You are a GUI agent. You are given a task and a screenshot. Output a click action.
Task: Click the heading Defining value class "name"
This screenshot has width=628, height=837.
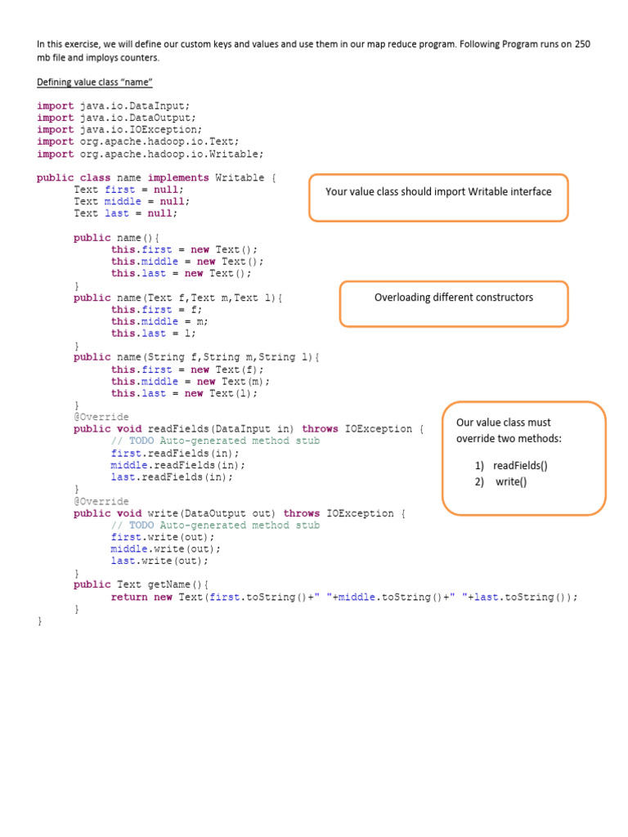[x=96, y=83]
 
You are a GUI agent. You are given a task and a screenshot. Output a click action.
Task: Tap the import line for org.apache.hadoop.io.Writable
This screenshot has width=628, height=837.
[x=150, y=154]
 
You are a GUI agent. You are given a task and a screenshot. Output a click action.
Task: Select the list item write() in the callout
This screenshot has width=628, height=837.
[x=511, y=481]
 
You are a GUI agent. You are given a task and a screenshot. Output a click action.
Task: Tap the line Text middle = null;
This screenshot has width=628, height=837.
[x=129, y=201]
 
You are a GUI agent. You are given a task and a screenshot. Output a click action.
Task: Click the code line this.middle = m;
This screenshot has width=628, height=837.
[x=159, y=321]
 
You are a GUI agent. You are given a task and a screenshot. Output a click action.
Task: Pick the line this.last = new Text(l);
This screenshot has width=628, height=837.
[x=184, y=393]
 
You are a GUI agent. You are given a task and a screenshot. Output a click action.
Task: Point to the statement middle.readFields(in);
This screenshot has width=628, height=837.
[x=177, y=465]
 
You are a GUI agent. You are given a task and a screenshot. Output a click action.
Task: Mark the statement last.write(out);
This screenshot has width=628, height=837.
[x=159, y=561]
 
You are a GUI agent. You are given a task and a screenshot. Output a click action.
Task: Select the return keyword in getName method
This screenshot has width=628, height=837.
[x=129, y=597]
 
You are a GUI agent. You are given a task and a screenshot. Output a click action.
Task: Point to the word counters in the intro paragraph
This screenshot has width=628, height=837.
[x=140, y=58]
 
